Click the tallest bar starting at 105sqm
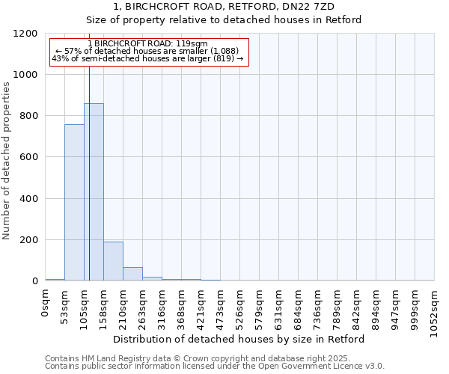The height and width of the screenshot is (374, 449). pos(94,192)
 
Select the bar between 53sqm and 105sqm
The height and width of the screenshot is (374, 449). pos(74,203)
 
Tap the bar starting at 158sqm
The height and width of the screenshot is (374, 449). pos(113,261)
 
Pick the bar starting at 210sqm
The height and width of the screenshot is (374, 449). pos(132,274)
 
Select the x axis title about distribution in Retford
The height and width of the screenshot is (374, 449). pos(239,339)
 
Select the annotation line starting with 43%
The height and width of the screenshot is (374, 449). pos(147,58)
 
